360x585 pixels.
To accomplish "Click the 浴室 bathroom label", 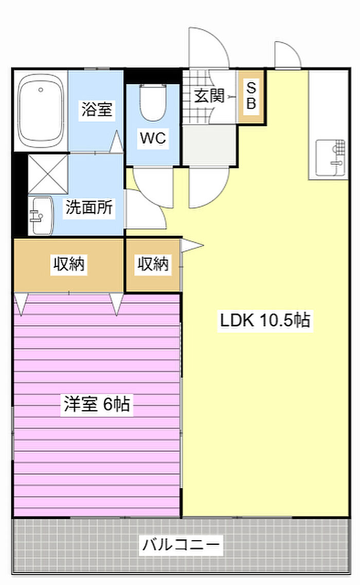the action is pyautogui.click(x=97, y=109).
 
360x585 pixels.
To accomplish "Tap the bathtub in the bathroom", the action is pyautogui.click(x=41, y=111).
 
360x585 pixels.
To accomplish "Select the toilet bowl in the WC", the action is pyautogui.click(x=153, y=102).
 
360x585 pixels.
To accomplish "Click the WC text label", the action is pyautogui.click(x=153, y=138).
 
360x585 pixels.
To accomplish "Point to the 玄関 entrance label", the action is pyautogui.click(x=209, y=96).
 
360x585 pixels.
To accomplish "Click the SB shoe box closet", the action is pyautogui.click(x=251, y=97).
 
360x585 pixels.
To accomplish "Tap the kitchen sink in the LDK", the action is pyautogui.click(x=331, y=158).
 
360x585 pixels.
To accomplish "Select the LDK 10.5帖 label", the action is pyautogui.click(x=265, y=320).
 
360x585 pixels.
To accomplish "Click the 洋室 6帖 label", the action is pyautogui.click(x=97, y=404).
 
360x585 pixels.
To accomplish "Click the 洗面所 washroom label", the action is pyautogui.click(x=89, y=207).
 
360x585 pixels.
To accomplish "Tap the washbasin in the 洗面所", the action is pyautogui.click(x=41, y=216).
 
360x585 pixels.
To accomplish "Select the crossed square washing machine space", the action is pyautogui.click(x=48, y=174).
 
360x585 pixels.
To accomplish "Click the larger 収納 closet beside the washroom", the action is pyautogui.click(x=68, y=265).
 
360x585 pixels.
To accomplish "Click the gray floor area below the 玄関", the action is pyautogui.click(x=209, y=145).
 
